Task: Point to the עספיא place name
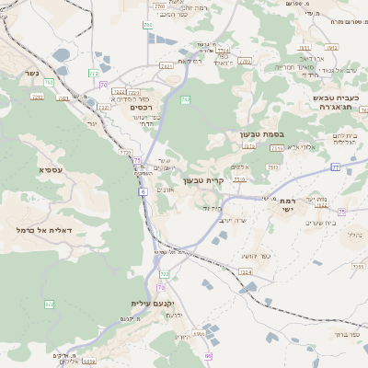tap(51, 170)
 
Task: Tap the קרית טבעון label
tap(203, 179)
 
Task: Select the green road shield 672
tap(49, 304)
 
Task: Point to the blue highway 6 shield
tap(144, 191)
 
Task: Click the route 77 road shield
tap(336, 167)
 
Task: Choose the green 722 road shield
tap(165, 274)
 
